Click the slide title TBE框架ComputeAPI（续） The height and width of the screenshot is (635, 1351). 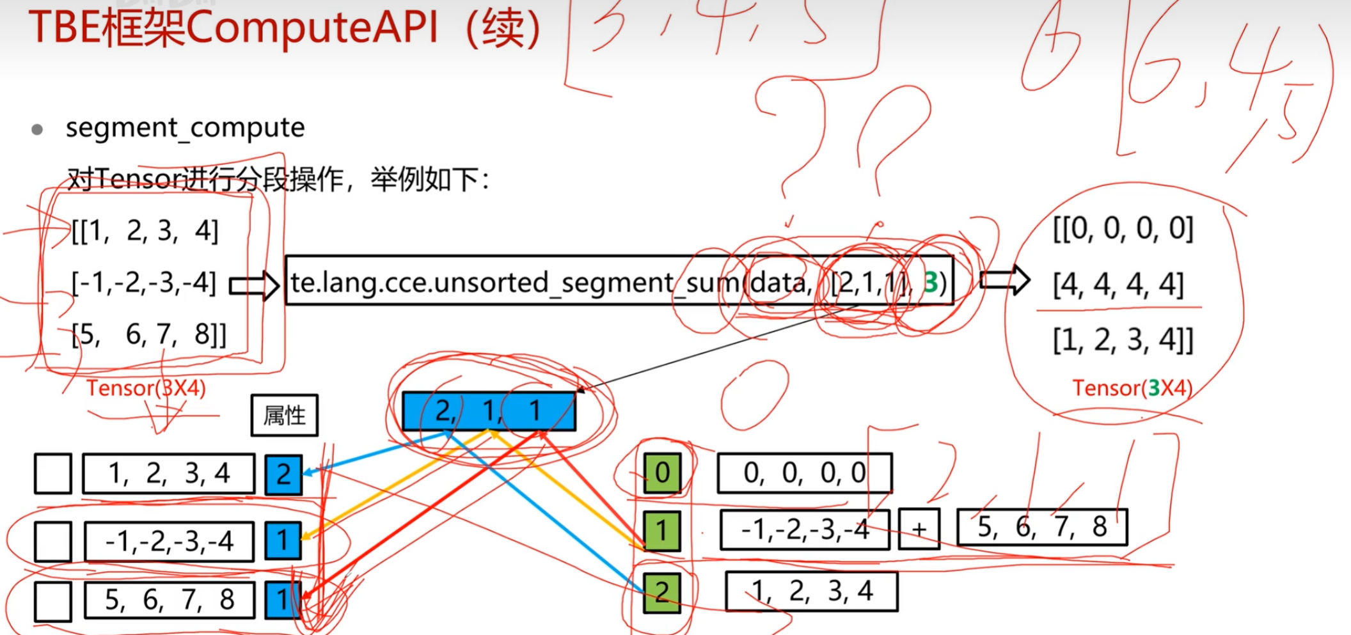tap(285, 29)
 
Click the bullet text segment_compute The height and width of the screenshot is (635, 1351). tap(185, 128)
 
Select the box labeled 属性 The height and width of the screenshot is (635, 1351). tap(284, 416)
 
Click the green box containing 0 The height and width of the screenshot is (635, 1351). tap(662, 473)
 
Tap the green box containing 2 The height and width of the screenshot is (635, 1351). tap(662, 592)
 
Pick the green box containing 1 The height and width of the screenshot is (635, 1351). tap(662, 531)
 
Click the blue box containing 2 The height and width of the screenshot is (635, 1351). tap(283, 474)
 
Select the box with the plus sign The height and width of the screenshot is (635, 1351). tap(919, 529)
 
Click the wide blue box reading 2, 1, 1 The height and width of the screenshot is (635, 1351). tap(489, 411)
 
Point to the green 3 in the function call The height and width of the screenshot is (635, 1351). tap(931, 282)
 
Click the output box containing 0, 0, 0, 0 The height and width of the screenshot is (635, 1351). tap(804, 473)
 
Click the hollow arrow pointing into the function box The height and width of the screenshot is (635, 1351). tap(254, 285)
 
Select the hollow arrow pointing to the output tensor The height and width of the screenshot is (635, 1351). tap(1004, 280)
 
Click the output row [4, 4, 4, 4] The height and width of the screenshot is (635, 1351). tap(1118, 284)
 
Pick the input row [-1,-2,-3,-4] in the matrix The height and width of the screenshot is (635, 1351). tap(144, 282)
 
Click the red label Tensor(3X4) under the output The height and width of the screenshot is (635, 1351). tap(1132, 388)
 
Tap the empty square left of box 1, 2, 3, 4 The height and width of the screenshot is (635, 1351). tap(52, 474)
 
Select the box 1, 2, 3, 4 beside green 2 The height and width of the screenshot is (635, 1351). tap(811, 592)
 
